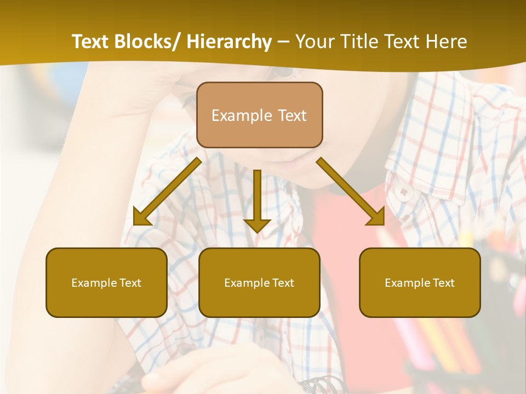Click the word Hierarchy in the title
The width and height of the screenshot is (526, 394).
point(229,42)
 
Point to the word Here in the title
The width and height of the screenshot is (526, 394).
point(447,42)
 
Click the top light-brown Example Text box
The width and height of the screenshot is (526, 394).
point(259,115)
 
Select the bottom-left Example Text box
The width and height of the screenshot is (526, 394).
point(106,282)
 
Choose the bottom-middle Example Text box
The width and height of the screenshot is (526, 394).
point(259,282)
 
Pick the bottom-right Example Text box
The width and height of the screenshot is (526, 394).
point(420,282)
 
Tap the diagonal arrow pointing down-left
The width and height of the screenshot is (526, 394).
point(167,192)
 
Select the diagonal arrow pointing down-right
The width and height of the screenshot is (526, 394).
point(351,192)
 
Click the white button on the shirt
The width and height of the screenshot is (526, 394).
point(404,192)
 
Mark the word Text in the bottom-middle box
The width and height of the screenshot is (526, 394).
point(283,283)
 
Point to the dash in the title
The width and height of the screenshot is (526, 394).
point(283,43)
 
